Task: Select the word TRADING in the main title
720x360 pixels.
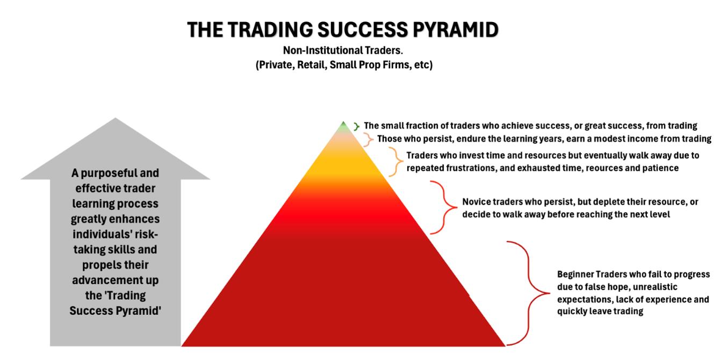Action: click(x=267, y=30)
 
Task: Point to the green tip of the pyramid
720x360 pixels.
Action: click(x=343, y=127)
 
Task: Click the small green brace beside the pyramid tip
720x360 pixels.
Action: click(x=356, y=127)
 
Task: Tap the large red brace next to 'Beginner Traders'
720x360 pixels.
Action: click(x=529, y=293)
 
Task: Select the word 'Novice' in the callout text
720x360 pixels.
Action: click(x=476, y=203)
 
